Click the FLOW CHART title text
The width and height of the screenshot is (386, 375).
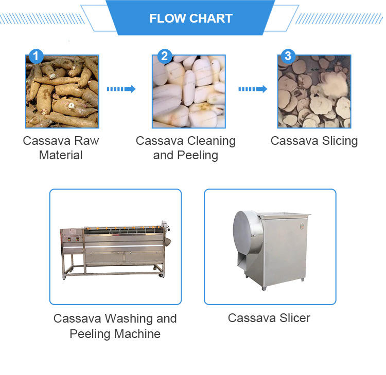tap(191, 19)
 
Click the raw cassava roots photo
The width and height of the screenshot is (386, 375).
tap(62, 91)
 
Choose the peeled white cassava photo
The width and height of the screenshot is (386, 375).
tap(188, 91)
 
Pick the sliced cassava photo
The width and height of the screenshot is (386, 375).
tap(314, 91)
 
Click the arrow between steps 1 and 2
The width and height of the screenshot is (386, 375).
tap(121, 89)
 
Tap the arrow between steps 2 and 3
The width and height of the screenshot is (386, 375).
tap(252, 89)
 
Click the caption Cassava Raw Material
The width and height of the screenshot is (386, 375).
tap(61, 148)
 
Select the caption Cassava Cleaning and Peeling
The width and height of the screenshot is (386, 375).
tap(186, 148)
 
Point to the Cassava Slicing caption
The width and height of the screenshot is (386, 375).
tap(314, 141)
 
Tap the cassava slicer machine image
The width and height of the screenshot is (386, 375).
tap(271, 247)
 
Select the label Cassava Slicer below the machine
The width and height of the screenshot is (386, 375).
tap(269, 318)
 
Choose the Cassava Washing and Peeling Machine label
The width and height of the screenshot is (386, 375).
tap(115, 326)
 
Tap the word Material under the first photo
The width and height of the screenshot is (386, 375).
tap(61, 155)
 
